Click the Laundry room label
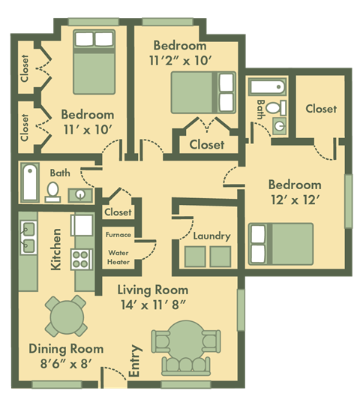[211, 236]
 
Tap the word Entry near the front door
[136, 360]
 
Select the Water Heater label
[118, 257]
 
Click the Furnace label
[118, 235]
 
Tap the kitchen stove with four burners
[80, 260]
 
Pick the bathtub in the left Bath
[30, 182]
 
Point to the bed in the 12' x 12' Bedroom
[280, 244]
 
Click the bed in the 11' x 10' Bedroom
[93, 61]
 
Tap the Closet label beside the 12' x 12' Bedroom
[321, 109]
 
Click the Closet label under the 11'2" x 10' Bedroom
[206, 144]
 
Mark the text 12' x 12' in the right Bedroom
[295, 200]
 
